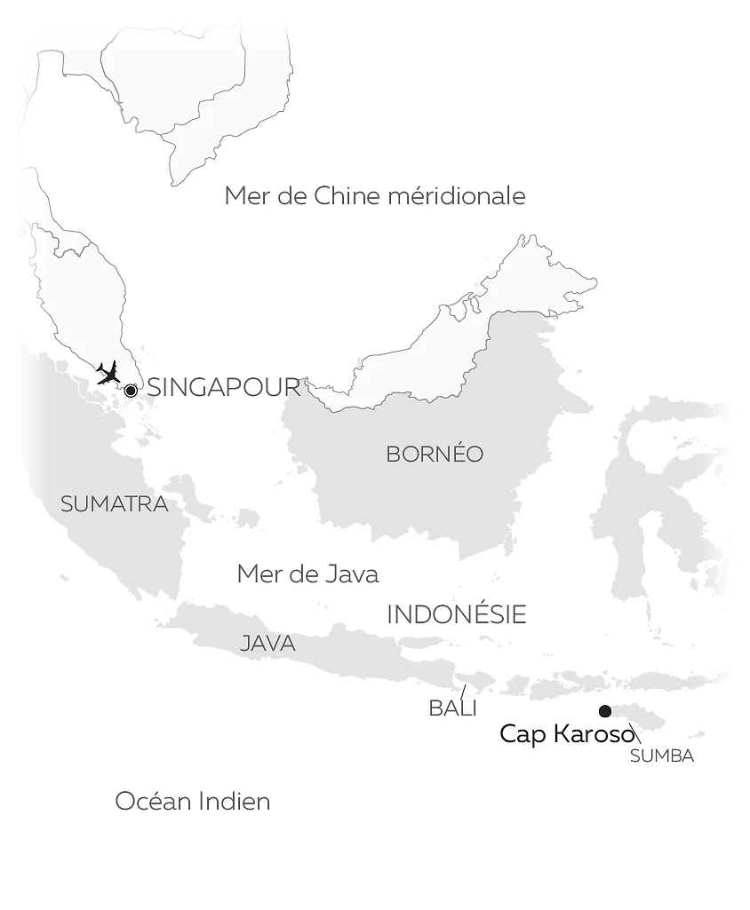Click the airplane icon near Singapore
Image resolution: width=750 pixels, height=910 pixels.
108,372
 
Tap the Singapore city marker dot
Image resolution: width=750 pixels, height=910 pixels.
131,391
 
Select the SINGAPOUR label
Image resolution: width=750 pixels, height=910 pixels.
224,387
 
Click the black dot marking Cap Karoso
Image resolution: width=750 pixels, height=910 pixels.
605,711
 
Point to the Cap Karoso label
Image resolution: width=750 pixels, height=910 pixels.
566,734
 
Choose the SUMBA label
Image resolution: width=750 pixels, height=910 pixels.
661,756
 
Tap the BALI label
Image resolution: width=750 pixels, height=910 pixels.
452,708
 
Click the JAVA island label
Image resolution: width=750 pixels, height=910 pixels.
267,644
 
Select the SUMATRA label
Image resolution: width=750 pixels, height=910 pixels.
114,504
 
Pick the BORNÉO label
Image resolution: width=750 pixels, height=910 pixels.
435,455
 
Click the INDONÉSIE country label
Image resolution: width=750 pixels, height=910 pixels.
457,614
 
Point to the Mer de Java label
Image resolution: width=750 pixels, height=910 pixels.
307,574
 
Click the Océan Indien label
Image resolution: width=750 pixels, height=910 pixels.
192,802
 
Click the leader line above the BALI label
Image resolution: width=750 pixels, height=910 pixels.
462,692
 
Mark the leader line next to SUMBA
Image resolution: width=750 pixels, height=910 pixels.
635,735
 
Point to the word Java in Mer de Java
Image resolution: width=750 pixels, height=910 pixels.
352,574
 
